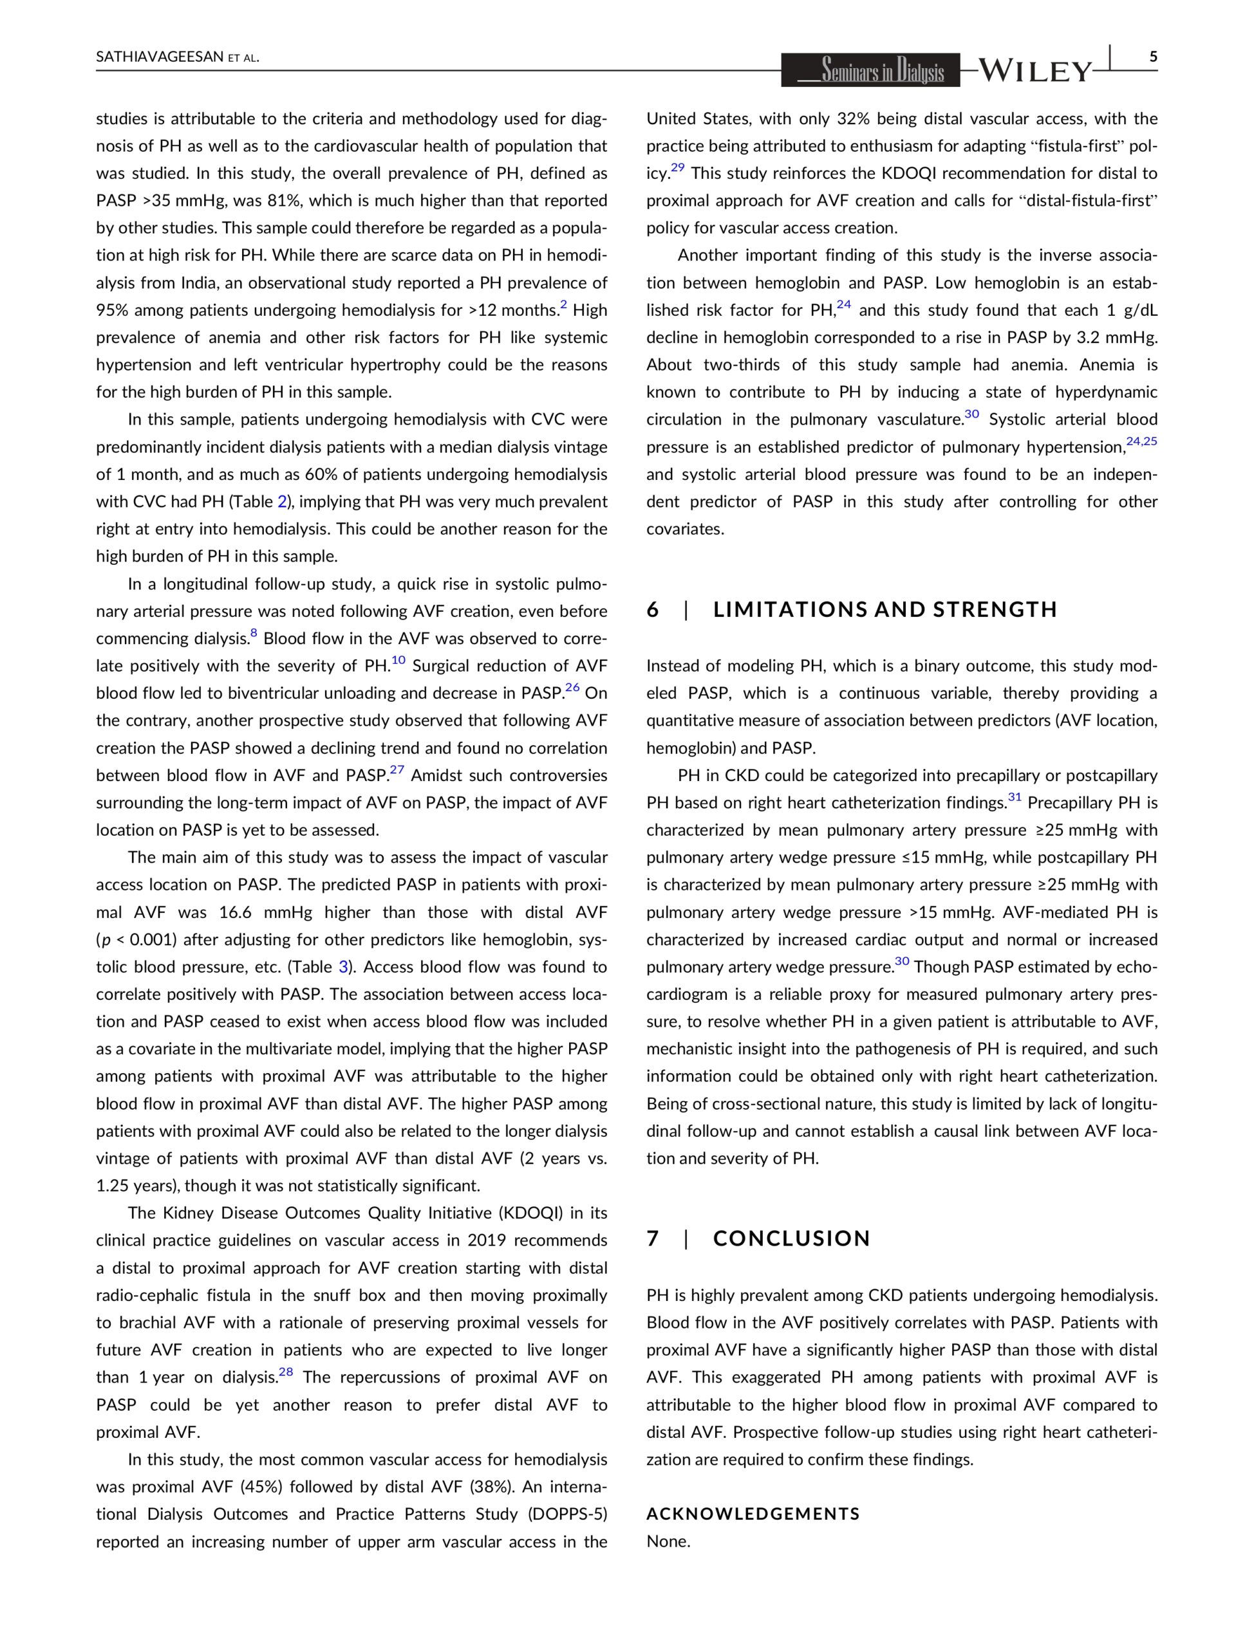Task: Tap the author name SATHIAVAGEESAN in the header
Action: (x=160, y=57)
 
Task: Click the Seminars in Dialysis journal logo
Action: (x=870, y=71)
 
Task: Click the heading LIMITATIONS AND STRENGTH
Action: (x=885, y=609)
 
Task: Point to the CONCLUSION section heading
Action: (x=792, y=1238)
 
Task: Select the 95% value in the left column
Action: (x=112, y=310)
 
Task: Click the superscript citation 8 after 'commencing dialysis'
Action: (x=254, y=633)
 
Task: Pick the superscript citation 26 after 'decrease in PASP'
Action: (x=572, y=688)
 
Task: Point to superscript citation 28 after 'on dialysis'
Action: (x=286, y=1372)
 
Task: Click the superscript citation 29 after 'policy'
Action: (x=677, y=168)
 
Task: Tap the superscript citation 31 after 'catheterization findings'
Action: (x=1015, y=797)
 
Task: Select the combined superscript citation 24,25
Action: (x=1141, y=441)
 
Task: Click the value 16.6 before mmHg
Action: (x=236, y=912)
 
